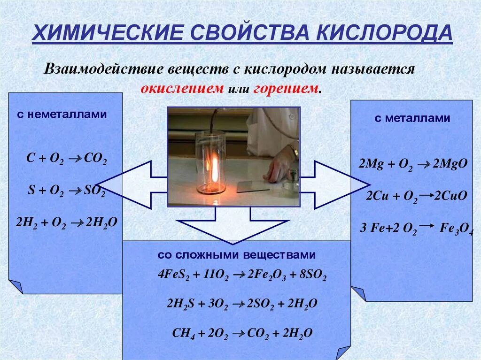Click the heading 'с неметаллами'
coord(62,114)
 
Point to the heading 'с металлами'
coord(412,118)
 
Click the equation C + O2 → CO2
coord(66,159)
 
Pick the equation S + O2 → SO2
coord(66,191)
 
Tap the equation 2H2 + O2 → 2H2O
coord(66,222)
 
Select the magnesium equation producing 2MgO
coord(412,164)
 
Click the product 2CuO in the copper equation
coord(450,196)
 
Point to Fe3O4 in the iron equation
coord(455,229)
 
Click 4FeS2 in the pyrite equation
coord(171,276)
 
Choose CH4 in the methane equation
coord(181,333)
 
